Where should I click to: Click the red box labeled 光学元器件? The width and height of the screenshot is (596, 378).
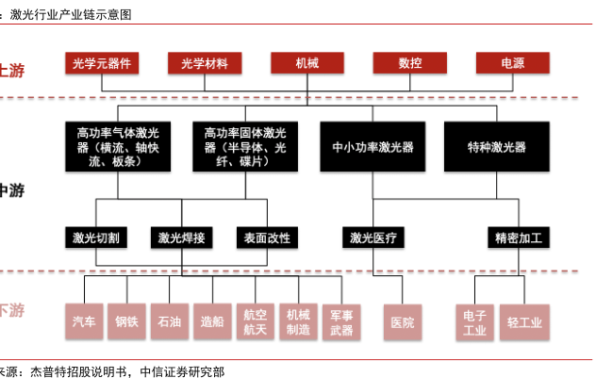tap(102, 63)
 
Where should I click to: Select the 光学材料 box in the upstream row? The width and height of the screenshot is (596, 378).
tap(205, 63)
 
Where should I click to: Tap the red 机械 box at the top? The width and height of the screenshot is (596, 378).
tap(307, 63)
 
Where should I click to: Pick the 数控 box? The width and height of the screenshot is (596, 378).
tap(409, 63)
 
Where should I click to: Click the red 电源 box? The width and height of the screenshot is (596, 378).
tap(513, 63)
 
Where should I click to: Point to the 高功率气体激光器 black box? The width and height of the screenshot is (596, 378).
tap(118, 147)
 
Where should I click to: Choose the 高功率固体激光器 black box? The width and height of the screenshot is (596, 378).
tap(245, 147)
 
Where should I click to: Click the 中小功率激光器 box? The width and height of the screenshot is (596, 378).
tap(372, 147)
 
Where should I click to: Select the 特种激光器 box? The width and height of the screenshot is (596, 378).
tap(497, 147)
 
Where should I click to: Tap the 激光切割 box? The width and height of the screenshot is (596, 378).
tap(96, 238)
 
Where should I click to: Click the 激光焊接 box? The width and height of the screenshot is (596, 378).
tap(182, 238)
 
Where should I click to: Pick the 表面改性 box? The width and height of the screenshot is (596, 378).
tap(267, 238)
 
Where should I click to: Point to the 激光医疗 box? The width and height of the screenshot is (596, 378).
tap(373, 238)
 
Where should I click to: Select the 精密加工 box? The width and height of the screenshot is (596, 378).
tap(519, 238)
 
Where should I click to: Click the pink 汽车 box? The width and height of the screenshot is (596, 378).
tap(84, 321)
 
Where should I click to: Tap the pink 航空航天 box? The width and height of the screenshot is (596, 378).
tap(255, 321)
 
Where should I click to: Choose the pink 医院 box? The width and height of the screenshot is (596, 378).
tap(403, 322)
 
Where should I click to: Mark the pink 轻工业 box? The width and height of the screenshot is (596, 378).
tap(524, 322)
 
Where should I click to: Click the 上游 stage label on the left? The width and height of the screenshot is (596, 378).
tap(11, 71)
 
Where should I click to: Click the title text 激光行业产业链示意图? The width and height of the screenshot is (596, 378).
tap(71, 15)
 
